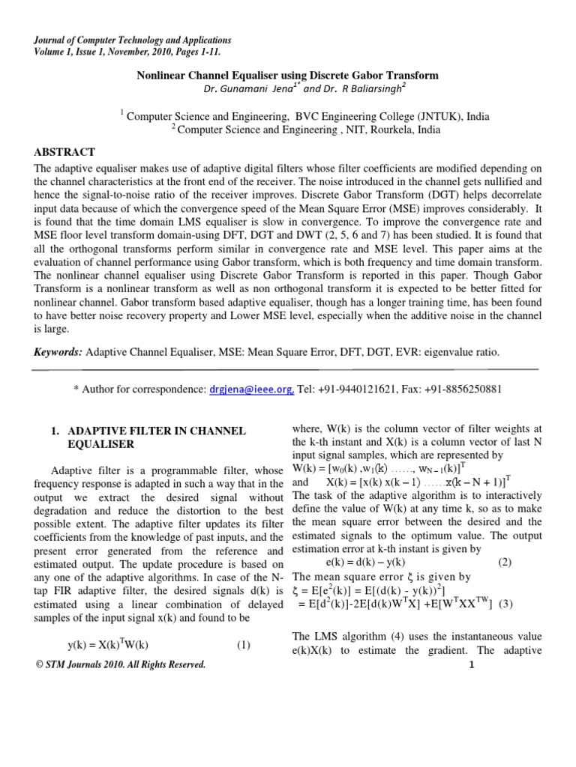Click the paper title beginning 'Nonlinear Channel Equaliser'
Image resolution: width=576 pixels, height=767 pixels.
tap(286, 76)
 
